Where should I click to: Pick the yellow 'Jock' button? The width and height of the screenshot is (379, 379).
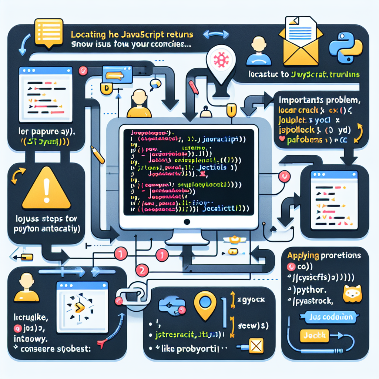tap(312, 335)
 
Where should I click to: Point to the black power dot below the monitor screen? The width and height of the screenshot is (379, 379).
tap(187, 222)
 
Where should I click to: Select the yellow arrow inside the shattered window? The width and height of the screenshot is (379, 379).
tap(78, 307)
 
